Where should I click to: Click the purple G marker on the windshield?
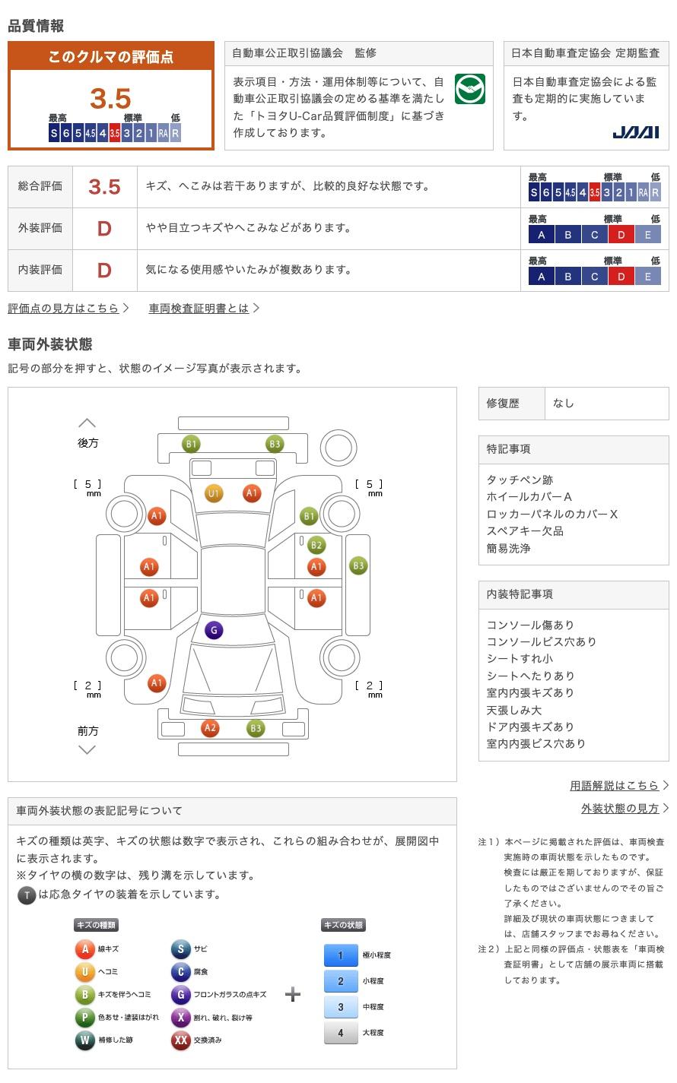214,630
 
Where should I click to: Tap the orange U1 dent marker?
214,493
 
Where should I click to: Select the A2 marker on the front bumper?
210,728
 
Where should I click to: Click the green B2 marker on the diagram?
316,545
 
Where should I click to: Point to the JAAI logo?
635,132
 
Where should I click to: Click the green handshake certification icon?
470,89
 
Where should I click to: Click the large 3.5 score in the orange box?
110,98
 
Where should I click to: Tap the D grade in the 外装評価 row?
104,229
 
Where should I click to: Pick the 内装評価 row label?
40,270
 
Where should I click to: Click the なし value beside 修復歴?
564,404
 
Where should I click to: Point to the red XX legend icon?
181,1040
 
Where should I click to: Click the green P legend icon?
84,1017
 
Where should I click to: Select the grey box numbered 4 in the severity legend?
341,1033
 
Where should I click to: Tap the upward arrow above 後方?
87,423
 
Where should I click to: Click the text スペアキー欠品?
525,531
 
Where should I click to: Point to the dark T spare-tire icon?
27,895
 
